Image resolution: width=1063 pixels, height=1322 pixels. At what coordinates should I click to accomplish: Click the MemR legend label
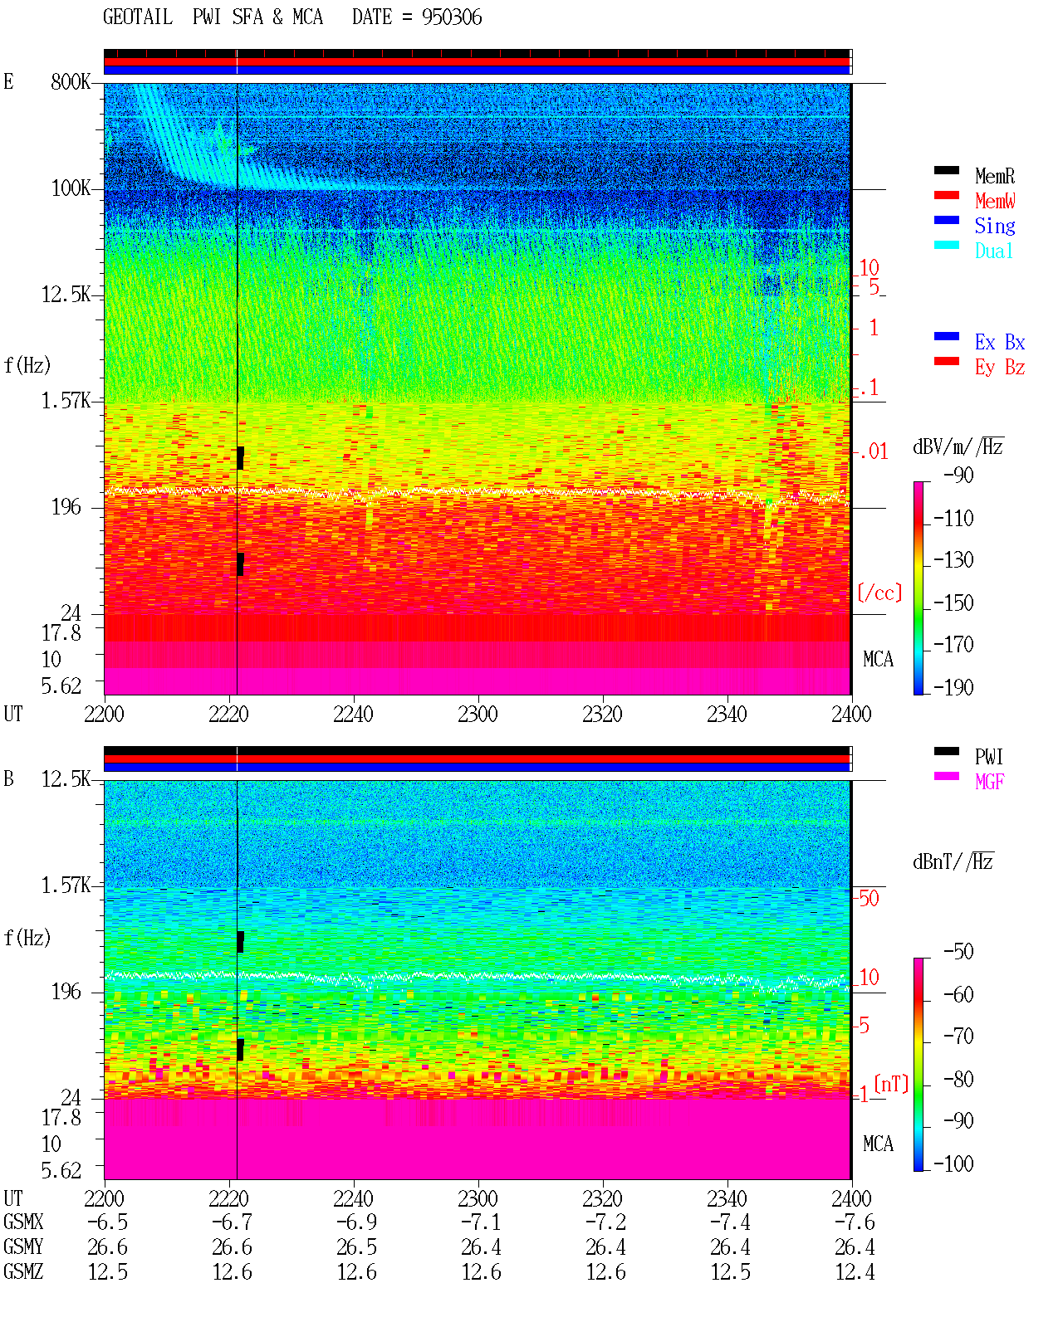coord(994,176)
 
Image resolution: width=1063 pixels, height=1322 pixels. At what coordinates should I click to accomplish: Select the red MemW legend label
coord(994,201)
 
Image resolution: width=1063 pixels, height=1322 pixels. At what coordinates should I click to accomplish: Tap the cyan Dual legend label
coord(993,251)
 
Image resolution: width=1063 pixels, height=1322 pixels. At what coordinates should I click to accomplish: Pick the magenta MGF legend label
coord(989,782)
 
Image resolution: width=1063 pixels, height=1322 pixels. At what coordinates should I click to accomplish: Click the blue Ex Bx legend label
coord(1000,342)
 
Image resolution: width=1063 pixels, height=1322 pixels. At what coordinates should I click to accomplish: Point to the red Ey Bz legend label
coord(1000,368)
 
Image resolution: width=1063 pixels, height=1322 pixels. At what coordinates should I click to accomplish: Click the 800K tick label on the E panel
coord(71,81)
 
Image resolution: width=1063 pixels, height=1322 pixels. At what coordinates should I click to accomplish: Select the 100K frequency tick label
coord(71,188)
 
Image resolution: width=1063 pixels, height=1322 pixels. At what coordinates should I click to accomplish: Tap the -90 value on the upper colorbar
coord(958,475)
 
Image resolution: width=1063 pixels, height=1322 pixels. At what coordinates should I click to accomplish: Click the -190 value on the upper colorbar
coord(953,687)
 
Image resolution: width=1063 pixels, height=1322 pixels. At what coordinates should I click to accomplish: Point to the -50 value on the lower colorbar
coord(958,952)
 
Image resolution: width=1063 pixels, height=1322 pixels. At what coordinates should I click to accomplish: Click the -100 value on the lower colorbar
coord(953,1163)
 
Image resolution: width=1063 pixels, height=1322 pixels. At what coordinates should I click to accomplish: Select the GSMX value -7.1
coord(481,1222)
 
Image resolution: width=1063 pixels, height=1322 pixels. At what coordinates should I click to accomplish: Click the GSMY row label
coord(23,1246)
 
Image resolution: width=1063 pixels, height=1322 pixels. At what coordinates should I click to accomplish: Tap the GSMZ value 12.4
coord(855,1271)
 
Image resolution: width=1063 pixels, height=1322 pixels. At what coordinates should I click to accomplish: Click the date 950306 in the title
coord(452,17)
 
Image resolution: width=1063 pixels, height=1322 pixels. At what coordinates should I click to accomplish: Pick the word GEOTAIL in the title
coord(138,17)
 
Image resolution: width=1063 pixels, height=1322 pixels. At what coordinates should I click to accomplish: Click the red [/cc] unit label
coord(879,593)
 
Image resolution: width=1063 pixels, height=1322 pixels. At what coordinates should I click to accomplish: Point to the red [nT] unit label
coord(891,1085)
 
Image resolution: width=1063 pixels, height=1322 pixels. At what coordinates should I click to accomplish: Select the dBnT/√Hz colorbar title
coord(953,861)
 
